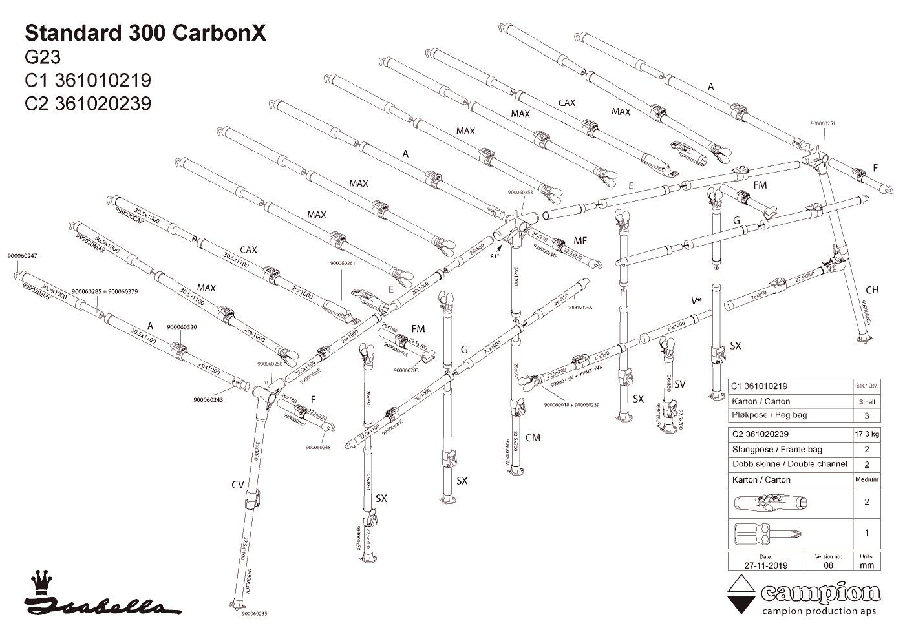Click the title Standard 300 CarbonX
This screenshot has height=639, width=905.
[145, 34]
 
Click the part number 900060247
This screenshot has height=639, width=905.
[22, 256]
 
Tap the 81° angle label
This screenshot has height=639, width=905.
[495, 256]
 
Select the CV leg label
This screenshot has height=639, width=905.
[237, 484]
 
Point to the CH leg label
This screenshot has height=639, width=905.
[871, 290]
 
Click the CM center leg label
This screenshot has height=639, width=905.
[533, 438]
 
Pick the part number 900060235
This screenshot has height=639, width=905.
[254, 614]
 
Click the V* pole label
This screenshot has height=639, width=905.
[696, 301]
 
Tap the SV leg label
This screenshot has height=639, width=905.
[679, 384]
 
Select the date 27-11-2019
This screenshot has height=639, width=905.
[765, 565]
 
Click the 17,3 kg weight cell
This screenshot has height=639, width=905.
[866, 434]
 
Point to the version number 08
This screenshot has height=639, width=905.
[828, 565]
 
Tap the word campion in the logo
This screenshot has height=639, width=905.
[820, 593]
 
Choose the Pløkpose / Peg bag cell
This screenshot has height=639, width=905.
[769, 415]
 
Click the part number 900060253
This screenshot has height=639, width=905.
[520, 192]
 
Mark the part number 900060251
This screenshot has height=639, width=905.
[822, 123]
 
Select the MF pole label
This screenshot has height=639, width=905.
[580, 241]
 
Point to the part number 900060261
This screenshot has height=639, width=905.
[343, 263]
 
